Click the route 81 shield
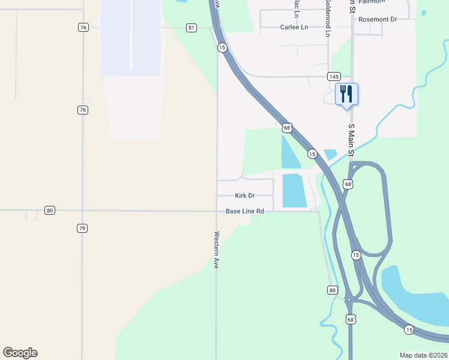191,28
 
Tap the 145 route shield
334,76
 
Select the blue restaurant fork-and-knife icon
346,94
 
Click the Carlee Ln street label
294,28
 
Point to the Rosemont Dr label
378,19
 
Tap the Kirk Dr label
245,196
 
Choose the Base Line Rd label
245,211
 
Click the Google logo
20,353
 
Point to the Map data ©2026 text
424,355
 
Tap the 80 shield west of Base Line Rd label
50,210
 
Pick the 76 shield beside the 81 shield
83,28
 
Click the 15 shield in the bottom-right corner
409,329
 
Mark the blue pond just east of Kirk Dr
294,190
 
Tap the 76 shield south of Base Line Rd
82,228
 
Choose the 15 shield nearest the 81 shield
222,47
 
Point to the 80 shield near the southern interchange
333,290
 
